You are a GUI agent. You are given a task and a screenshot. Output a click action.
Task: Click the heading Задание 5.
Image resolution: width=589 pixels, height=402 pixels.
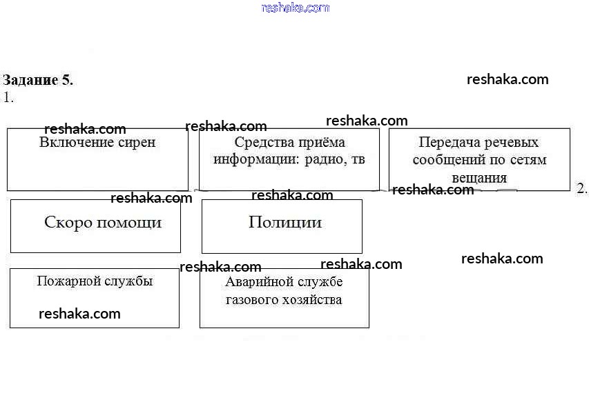[38, 80]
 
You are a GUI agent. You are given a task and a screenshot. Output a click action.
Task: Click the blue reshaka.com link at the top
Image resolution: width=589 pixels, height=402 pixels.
[296, 8]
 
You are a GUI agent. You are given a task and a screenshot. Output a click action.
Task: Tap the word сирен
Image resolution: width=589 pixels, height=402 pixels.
[137, 143]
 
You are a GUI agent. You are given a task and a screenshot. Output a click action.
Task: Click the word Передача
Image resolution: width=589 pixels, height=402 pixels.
[447, 143]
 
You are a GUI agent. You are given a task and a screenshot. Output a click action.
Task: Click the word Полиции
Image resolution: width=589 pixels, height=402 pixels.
[285, 223]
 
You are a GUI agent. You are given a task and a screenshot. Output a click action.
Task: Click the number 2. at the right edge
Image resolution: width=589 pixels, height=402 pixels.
[581, 189]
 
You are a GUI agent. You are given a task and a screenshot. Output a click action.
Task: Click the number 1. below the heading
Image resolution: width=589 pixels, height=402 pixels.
[8, 98]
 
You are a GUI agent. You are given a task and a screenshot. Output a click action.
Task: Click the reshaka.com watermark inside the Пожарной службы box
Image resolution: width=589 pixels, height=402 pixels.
[79, 314]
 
